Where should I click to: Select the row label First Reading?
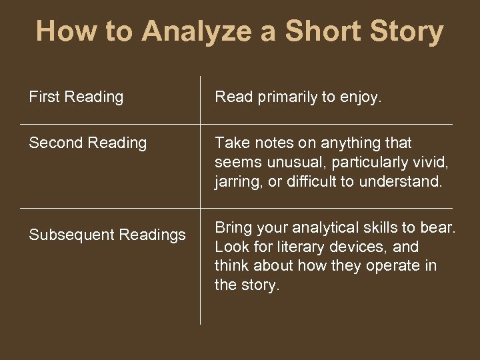click(76, 97)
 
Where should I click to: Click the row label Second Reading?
click(87, 143)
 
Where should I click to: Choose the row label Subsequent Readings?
click(107, 235)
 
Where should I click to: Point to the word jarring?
click(237, 181)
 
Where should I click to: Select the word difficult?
click(313, 181)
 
